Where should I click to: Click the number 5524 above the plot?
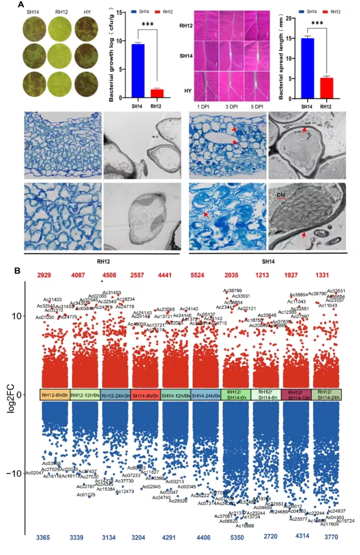pos(200,275)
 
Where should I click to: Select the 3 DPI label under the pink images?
pos(231,106)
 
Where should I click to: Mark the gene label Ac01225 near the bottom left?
pos(86,495)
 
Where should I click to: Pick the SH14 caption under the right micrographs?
pos(268,262)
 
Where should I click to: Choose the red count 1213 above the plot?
pos(262,275)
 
